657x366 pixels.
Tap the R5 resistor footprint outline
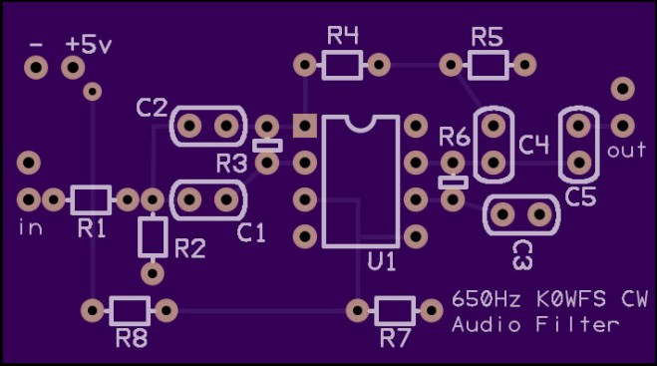click(x=488, y=66)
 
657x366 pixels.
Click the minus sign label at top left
click(x=37, y=46)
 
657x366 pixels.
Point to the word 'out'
click(x=626, y=151)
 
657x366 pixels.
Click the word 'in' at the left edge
click(x=30, y=227)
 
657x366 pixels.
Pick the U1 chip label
click(x=382, y=262)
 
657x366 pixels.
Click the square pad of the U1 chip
click(x=304, y=126)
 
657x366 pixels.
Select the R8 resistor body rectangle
click(x=131, y=308)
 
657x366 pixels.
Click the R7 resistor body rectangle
click(x=396, y=308)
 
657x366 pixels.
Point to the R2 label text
click(x=190, y=248)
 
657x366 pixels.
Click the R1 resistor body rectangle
click(x=90, y=199)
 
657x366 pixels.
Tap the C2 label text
click(x=152, y=108)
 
